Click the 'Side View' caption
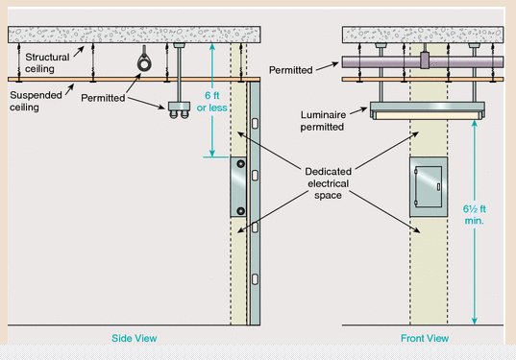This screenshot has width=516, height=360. (134, 338)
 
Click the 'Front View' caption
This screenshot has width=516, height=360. (425, 338)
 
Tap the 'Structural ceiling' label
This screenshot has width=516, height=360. (47, 62)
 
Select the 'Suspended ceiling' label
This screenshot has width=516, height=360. (36, 101)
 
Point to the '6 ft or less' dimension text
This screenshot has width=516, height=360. (212, 102)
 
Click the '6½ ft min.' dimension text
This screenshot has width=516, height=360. (475, 215)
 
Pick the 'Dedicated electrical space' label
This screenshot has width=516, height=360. (328, 183)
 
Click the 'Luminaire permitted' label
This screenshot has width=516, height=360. (323, 121)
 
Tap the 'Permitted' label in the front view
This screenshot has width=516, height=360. (290, 70)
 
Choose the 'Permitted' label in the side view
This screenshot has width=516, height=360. (103, 98)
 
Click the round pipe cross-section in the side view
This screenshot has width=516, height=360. (144, 63)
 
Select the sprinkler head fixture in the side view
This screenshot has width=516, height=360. (179, 109)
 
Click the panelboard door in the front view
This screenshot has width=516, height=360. (429, 186)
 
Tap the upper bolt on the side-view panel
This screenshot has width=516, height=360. (241, 163)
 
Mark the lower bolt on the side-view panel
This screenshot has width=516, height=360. (241, 211)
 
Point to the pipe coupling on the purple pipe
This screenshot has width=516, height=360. (425, 60)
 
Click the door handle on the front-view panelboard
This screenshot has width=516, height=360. (439, 186)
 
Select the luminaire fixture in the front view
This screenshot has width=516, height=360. (428, 110)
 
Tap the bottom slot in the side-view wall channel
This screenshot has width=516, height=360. (255, 279)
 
